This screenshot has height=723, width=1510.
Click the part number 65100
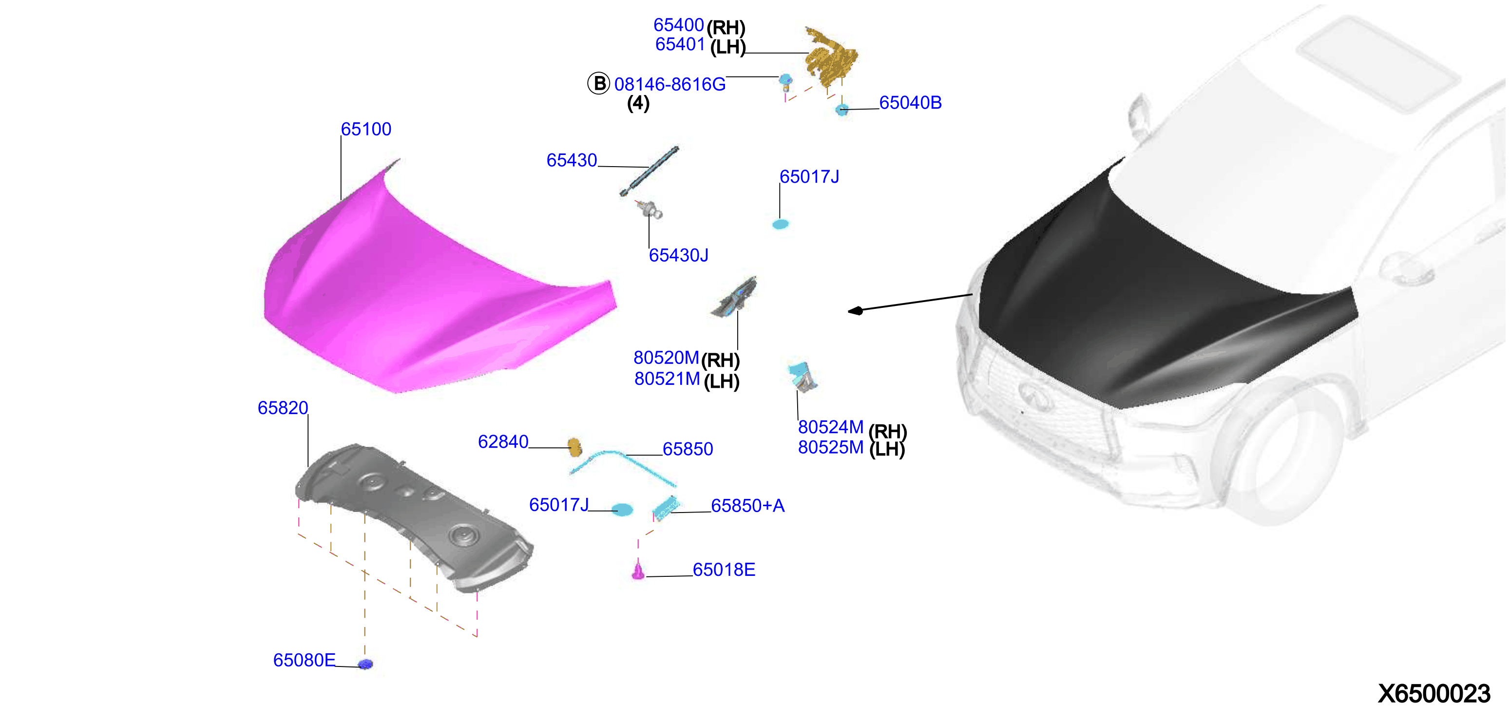tap(366, 129)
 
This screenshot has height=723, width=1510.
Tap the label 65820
tap(283, 408)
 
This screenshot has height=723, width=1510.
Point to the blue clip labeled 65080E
tap(365, 664)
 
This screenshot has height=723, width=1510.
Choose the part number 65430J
tap(678, 255)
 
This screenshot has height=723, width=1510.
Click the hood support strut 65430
tap(650, 171)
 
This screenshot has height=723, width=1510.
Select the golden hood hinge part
tap(831, 57)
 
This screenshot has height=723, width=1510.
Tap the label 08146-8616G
tap(669, 84)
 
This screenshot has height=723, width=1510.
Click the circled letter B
tap(598, 83)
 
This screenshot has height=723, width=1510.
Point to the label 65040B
tap(910, 102)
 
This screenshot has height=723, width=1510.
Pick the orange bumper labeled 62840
tap(574, 448)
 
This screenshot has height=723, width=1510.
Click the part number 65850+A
tap(747, 506)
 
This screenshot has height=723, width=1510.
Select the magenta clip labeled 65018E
tap(638, 571)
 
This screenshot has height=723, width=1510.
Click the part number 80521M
tap(667, 379)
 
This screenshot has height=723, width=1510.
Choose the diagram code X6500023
tap(1433, 694)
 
